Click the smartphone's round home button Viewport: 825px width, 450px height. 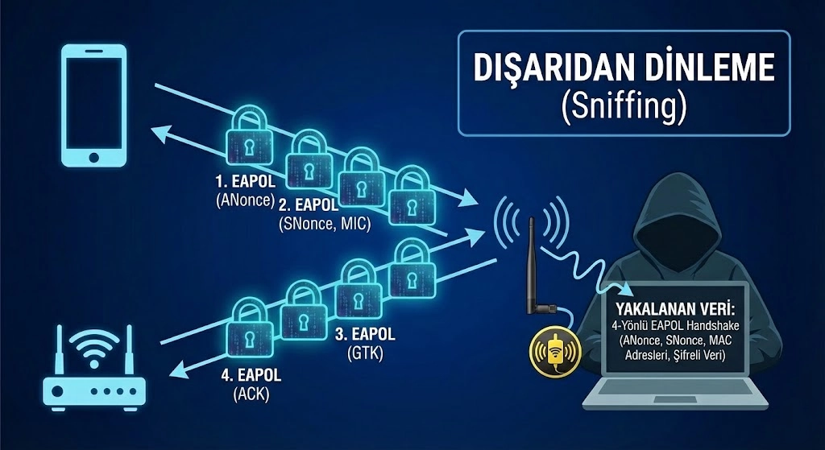(x=93, y=157)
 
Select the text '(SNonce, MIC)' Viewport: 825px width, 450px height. (x=325, y=224)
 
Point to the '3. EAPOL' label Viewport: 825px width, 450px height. (x=365, y=334)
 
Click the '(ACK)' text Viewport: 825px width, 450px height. (x=251, y=394)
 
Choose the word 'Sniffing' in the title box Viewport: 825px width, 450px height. (x=624, y=109)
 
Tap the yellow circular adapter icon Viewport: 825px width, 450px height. (x=554, y=350)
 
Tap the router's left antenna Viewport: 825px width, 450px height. (x=59, y=349)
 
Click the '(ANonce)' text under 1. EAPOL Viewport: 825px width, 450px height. (x=246, y=200)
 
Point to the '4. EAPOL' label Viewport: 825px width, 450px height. (x=251, y=375)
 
